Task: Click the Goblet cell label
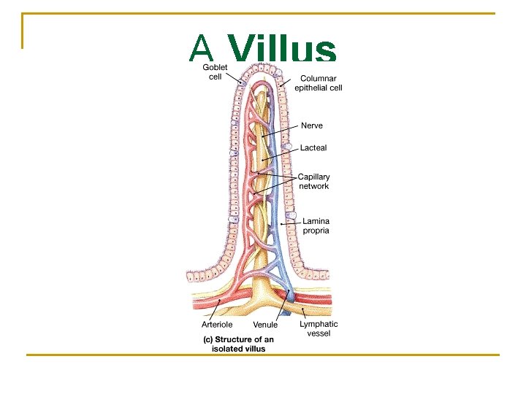[216, 72]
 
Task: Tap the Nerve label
[312, 125]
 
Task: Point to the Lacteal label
[313, 147]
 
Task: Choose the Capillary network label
[314, 181]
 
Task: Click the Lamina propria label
[316, 225]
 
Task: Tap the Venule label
[265, 325]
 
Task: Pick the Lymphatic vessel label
[319, 328]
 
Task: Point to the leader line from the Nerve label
[281, 131]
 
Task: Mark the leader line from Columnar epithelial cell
[286, 82]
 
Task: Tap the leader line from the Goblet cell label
[234, 78]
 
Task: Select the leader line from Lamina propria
[290, 223]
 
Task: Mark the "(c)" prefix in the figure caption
[207, 339]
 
